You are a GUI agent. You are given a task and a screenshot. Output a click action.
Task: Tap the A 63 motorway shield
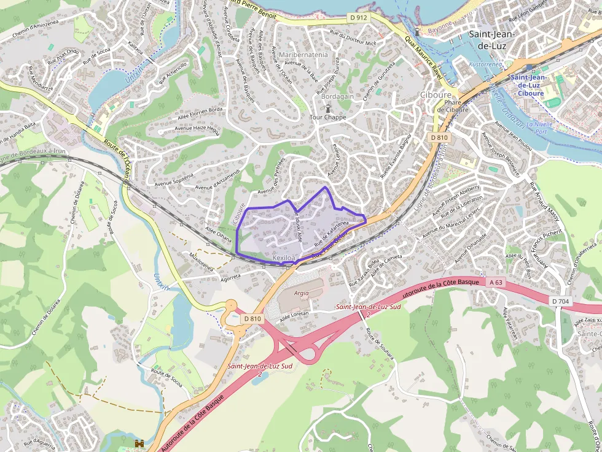pos(496,282)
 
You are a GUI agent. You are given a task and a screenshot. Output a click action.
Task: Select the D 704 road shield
pos(560,301)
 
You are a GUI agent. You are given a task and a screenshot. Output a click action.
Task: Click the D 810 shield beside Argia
pos(252,318)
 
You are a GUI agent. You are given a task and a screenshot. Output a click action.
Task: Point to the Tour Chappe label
pos(327,117)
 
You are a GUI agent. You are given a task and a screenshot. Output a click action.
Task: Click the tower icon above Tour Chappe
pos(328,108)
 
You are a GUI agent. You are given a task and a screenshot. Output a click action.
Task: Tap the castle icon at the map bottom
pos(139,443)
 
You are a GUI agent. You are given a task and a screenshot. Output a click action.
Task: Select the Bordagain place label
pos(337,97)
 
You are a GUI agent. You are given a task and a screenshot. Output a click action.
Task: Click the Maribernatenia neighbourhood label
pos(303,55)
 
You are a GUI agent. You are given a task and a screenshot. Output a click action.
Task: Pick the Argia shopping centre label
pos(301,293)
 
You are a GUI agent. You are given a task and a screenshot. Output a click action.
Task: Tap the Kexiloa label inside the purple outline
pos(284,258)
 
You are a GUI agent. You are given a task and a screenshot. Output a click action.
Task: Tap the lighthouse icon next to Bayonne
pos(417,31)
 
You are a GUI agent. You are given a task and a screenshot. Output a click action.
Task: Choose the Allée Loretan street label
pos(294,313)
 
